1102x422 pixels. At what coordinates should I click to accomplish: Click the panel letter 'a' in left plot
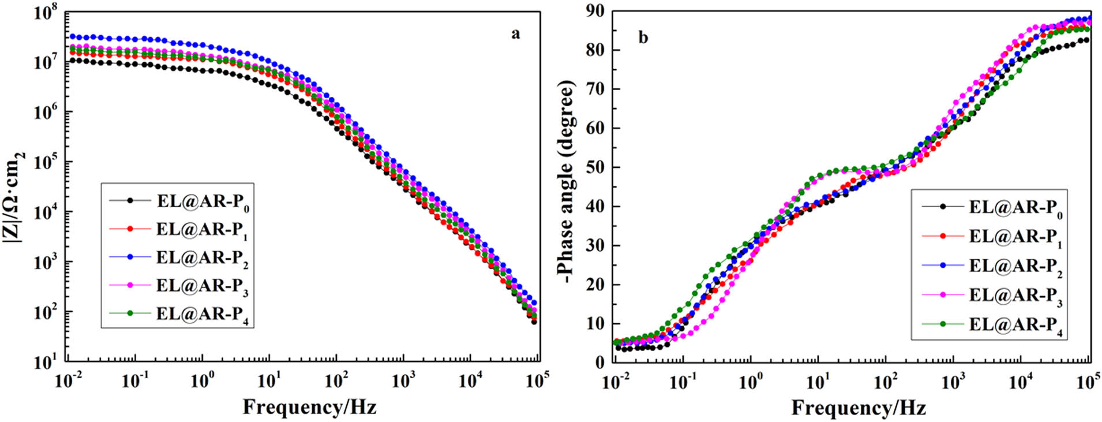[x=515, y=34]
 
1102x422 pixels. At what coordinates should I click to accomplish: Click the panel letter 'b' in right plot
[x=643, y=38]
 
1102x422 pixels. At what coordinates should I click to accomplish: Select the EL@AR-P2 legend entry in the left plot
[x=203, y=258]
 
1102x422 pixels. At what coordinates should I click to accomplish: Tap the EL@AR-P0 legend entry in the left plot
[x=203, y=201]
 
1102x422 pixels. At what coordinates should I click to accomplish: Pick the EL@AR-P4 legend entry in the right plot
[x=1015, y=325]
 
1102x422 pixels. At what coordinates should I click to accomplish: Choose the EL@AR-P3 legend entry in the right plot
[x=1015, y=296]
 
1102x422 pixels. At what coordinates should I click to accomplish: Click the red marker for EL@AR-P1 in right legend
[x=943, y=236]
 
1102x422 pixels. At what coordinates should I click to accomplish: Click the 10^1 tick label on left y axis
[x=46, y=363]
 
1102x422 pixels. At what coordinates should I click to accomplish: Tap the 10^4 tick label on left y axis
[x=46, y=212]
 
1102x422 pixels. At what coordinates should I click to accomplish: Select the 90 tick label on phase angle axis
[x=595, y=11]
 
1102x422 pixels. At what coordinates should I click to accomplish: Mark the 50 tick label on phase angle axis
[x=595, y=167]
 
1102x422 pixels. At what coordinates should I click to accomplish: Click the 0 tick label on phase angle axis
[x=599, y=363]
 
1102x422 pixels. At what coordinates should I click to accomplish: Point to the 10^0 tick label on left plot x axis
[x=202, y=381]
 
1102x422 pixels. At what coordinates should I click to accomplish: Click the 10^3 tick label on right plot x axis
[x=953, y=381]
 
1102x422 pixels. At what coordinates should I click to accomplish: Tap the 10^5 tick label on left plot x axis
[x=538, y=381]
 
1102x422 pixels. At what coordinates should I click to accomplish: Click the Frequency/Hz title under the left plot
[x=309, y=407]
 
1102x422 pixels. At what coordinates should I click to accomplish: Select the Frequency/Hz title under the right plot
[x=858, y=408]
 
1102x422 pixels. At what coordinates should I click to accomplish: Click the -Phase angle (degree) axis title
[x=568, y=182]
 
